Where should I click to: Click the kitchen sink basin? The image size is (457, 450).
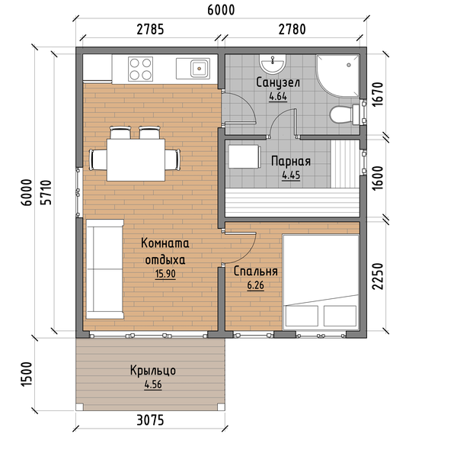[200, 69]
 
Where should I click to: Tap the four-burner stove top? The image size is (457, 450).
[140, 69]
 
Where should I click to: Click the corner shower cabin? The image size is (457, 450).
[338, 76]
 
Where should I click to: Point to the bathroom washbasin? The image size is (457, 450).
[273, 64]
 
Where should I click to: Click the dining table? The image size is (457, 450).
[136, 160]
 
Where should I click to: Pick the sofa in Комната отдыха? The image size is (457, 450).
[104, 269]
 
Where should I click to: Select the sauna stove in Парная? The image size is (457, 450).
[244, 156]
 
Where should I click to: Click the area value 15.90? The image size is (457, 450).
[165, 274]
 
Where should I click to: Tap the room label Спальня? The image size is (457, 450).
[256, 272]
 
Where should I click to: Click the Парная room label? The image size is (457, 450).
[291, 162]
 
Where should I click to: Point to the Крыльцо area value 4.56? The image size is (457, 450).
[153, 384]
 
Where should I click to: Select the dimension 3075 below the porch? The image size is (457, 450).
[150, 420]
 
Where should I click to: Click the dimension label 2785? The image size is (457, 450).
[150, 30]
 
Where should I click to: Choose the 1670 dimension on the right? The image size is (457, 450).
[378, 95]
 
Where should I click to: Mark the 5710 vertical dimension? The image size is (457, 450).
[46, 193]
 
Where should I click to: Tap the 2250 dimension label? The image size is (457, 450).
[378, 276]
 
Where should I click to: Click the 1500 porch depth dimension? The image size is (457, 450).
[27, 374]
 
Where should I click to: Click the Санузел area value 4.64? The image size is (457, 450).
[278, 96]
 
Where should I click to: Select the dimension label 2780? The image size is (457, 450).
[292, 30]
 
